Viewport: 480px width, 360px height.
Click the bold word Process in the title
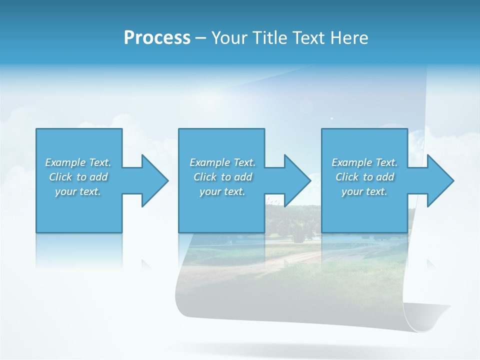coord(157,38)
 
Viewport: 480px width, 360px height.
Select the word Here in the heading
coord(350,38)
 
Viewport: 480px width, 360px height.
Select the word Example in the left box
coord(65,162)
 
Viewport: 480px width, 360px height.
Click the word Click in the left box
coord(60,177)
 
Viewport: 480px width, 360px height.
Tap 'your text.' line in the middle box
coord(222,191)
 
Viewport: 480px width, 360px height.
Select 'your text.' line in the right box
coord(364,191)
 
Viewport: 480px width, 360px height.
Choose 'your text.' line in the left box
coord(77,191)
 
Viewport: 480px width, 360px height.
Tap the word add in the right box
coord(385,177)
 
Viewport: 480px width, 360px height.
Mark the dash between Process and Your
coord(200,38)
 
